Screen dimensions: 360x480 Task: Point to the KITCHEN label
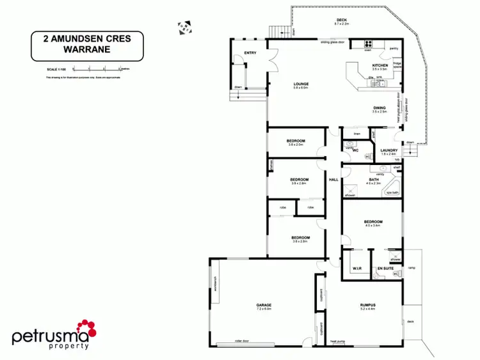point(380,66)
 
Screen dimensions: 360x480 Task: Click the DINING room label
point(380,107)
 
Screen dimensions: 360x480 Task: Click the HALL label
point(333,180)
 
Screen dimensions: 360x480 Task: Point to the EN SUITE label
point(385,269)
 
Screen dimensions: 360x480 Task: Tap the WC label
point(355,150)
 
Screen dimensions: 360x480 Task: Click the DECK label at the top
point(342,20)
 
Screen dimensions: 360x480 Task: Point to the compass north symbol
point(184,27)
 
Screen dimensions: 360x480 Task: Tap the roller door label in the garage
point(241,341)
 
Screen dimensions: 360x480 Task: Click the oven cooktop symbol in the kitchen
point(369,44)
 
